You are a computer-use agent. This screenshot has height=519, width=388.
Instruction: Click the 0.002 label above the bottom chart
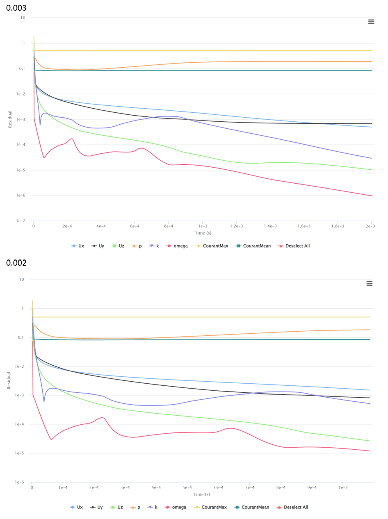pos(16,263)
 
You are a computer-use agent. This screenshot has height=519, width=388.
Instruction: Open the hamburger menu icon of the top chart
pos(371,22)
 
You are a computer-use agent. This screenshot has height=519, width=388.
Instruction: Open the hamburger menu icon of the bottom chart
pos(369,283)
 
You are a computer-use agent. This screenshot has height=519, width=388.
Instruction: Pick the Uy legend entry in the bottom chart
pos(98,507)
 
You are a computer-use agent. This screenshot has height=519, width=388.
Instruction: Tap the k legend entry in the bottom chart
pos(154,507)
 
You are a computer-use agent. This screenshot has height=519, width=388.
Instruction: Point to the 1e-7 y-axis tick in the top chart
pos(20,221)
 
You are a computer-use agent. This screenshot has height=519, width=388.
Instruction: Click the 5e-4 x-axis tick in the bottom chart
pos(187,487)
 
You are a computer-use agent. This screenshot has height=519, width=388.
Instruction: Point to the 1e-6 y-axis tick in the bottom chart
pos(20,483)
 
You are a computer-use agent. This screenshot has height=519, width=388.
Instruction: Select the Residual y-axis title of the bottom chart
pos(10,381)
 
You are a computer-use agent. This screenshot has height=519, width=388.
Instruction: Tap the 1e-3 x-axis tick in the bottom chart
pos(343,487)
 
